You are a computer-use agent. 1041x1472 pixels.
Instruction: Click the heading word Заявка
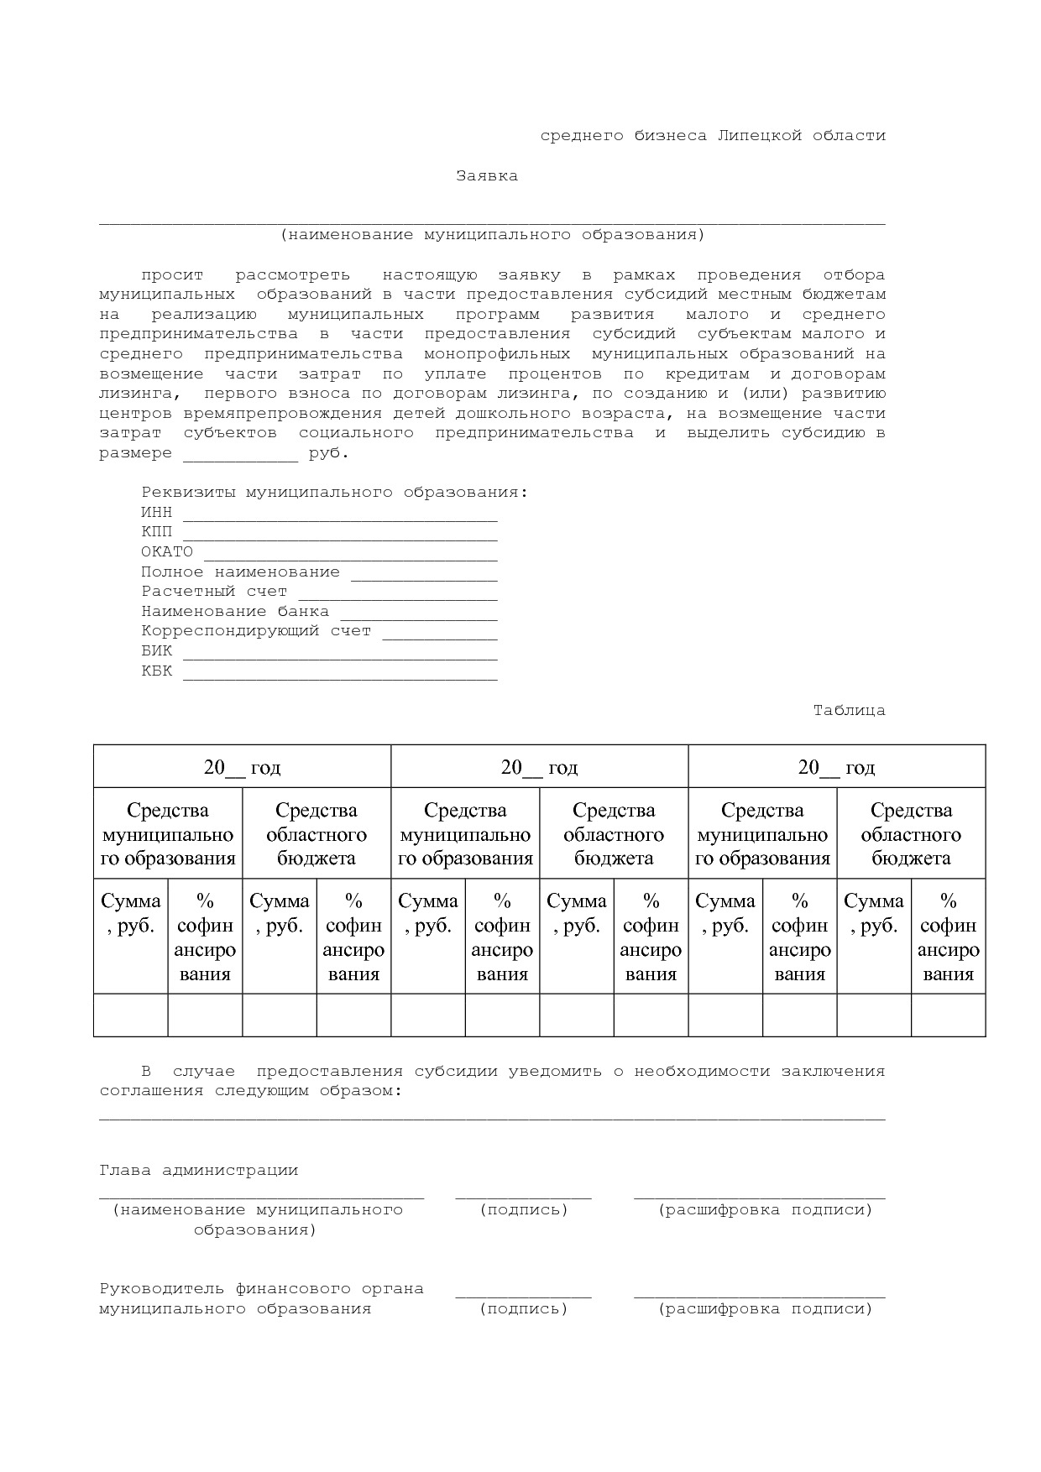pyautogui.click(x=486, y=176)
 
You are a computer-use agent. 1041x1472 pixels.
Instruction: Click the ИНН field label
pyautogui.click(x=156, y=512)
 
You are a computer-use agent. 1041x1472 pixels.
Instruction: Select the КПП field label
pyautogui.click(x=156, y=532)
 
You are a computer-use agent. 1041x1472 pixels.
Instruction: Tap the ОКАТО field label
pyautogui.click(x=166, y=552)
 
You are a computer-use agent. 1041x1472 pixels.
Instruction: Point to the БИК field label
pyautogui.click(x=156, y=651)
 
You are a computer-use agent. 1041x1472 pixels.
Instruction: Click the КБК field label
pyautogui.click(x=156, y=671)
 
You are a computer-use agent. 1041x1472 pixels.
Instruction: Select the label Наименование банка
pyautogui.click(x=235, y=612)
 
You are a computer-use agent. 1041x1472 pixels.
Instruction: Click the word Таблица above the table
pyautogui.click(x=849, y=711)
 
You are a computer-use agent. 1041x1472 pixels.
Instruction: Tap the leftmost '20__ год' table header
pyautogui.click(x=242, y=767)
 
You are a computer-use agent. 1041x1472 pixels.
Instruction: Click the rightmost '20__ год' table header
pyautogui.click(x=836, y=767)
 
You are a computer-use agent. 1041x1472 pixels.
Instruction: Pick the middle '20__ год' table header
pyautogui.click(x=539, y=767)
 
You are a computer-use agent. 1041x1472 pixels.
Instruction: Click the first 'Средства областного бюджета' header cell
pyautogui.click(x=316, y=834)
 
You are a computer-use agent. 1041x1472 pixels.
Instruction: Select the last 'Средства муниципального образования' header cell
pyautogui.click(x=762, y=834)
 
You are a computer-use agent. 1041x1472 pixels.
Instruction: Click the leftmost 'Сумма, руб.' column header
pyautogui.click(x=131, y=913)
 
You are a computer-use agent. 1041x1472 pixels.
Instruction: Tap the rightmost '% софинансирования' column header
pyautogui.click(x=948, y=937)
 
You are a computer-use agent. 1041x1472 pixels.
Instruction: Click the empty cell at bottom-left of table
pyautogui.click(x=131, y=1015)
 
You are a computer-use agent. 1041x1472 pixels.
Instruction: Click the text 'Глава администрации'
pyautogui.click(x=199, y=1171)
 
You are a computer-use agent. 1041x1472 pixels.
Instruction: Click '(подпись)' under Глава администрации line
pyautogui.click(x=524, y=1210)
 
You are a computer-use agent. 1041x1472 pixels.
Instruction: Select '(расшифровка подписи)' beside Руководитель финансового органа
pyautogui.click(x=765, y=1309)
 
